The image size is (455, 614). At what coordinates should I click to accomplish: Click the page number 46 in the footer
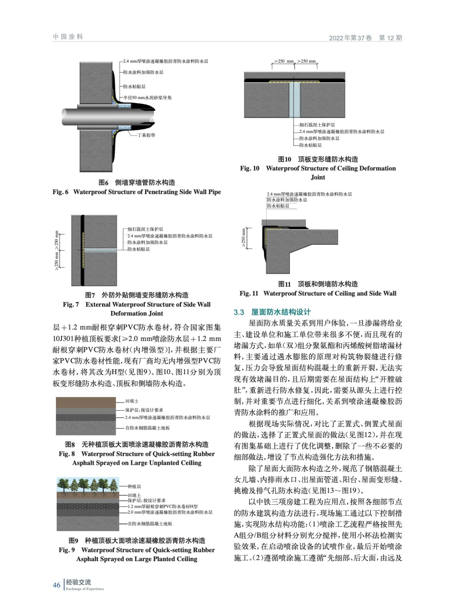tap(56, 585)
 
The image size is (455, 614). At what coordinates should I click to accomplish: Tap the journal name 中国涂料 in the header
tap(68, 37)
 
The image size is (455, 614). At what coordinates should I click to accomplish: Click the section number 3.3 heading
tap(239, 312)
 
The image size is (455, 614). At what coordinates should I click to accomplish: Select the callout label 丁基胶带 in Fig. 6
tap(146, 135)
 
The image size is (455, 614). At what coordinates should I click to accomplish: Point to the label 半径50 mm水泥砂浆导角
tap(148, 98)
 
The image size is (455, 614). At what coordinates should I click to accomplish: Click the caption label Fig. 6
tap(60, 192)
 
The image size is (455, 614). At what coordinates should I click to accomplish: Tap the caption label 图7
tap(90, 295)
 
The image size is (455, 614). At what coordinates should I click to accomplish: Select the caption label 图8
tap(70, 444)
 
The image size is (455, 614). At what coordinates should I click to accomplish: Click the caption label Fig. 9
tap(67, 550)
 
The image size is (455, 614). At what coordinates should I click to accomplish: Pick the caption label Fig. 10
tap(250, 168)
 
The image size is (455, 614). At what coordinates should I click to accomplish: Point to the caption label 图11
tap(284, 284)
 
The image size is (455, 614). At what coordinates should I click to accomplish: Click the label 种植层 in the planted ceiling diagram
tap(134, 486)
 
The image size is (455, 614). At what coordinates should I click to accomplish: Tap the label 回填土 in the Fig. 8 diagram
tap(132, 401)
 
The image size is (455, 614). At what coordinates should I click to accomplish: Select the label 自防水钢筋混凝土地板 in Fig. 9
tap(150, 523)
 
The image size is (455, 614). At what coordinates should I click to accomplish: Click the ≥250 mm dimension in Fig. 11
tap(243, 238)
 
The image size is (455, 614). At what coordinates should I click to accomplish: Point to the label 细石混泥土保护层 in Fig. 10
tap(317, 125)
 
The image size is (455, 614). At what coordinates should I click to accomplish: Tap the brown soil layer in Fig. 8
tap(85, 403)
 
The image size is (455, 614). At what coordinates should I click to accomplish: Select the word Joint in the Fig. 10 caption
tap(318, 177)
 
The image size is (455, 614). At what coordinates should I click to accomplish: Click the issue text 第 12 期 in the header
tap(390, 38)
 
